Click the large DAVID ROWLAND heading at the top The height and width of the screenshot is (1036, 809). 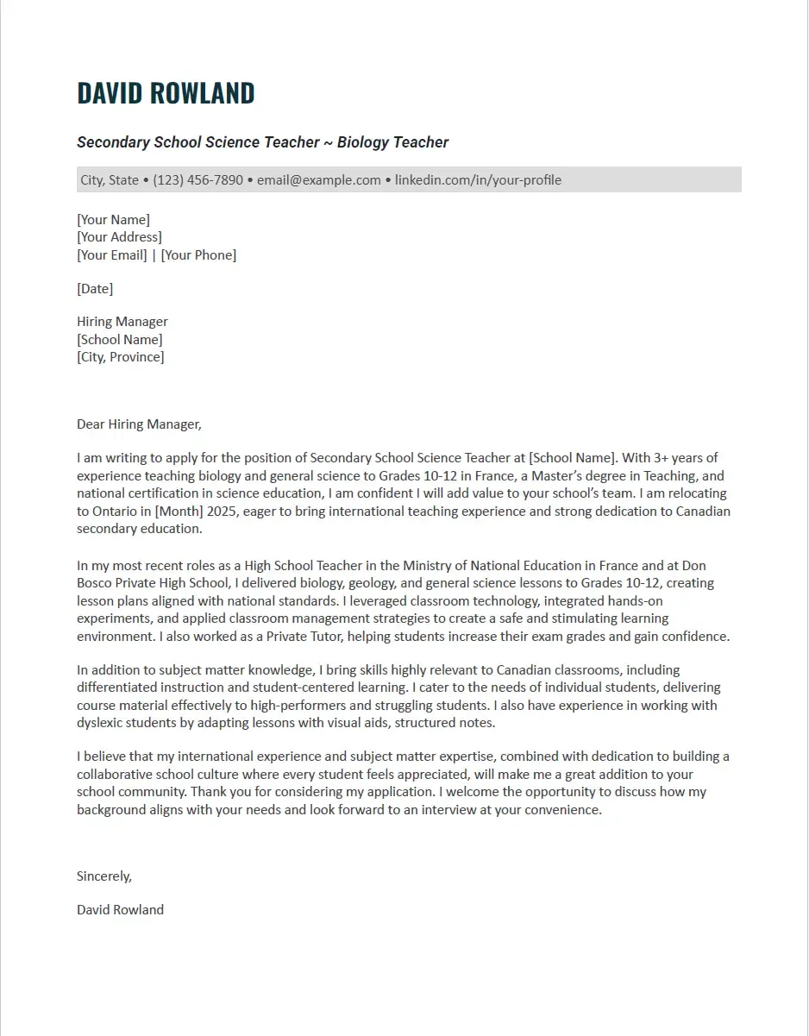[x=166, y=93]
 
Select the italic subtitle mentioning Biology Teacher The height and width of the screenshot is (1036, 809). [x=262, y=142]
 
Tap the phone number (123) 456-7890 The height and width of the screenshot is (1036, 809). [x=198, y=180]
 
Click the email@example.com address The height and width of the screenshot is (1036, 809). [x=319, y=180]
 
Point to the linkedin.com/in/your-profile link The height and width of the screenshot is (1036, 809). [x=478, y=180]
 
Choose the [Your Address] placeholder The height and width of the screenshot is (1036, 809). [x=119, y=237]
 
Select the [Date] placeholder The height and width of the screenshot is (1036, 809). [x=95, y=288]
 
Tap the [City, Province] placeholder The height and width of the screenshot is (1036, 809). [x=120, y=356]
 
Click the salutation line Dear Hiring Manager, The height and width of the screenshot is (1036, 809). [x=139, y=424]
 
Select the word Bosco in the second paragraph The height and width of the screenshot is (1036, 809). [x=96, y=584]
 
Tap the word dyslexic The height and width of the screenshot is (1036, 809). [x=101, y=723]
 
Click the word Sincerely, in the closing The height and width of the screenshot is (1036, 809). [x=104, y=876]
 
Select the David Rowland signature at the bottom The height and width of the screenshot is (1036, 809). [x=120, y=909]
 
